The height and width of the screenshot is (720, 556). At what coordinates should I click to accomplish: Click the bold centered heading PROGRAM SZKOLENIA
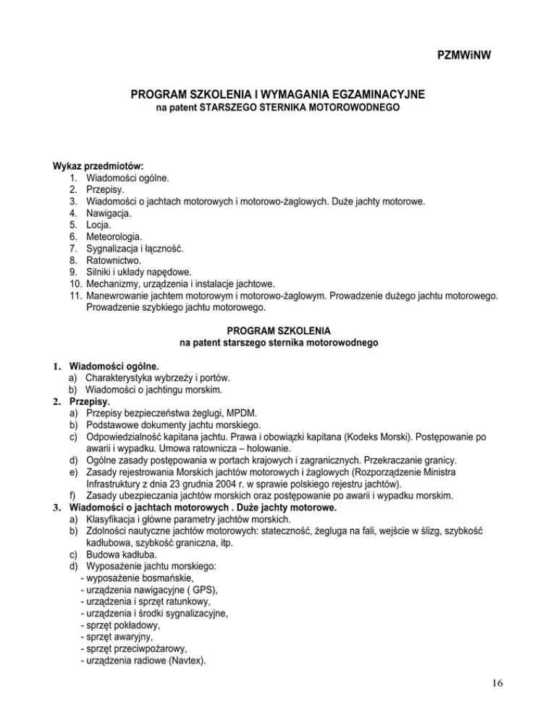[x=277, y=330]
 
